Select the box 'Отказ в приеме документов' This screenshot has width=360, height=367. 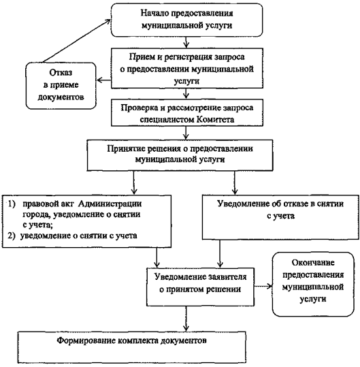pyautogui.click(x=61, y=86)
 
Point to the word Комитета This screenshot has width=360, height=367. pyautogui.click(x=215, y=120)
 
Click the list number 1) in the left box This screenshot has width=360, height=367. pyautogui.click(x=12, y=204)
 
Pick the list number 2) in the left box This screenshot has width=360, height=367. pyautogui.click(x=12, y=236)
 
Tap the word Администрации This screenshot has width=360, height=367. pyautogui.click(x=110, y=204)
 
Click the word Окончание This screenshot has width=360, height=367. pyautogui.click(x=313, y=263)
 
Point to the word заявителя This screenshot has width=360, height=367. pyautogui.click(x=227, y=277)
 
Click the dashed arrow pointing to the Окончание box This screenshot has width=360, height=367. pyautogui.click(x=263, y=286)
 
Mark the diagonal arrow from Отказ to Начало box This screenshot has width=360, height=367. pyautogui.click(x=76, y=41)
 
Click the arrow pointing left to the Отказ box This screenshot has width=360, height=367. pyautogui.click(x=104, y=80)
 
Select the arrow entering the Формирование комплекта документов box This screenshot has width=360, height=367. pyautogui.click(x=186, y=319)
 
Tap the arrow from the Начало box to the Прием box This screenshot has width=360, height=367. pyautogui.click(x=186, y=42)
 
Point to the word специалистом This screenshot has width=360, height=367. pyautogui.click(x=167, y=120)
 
